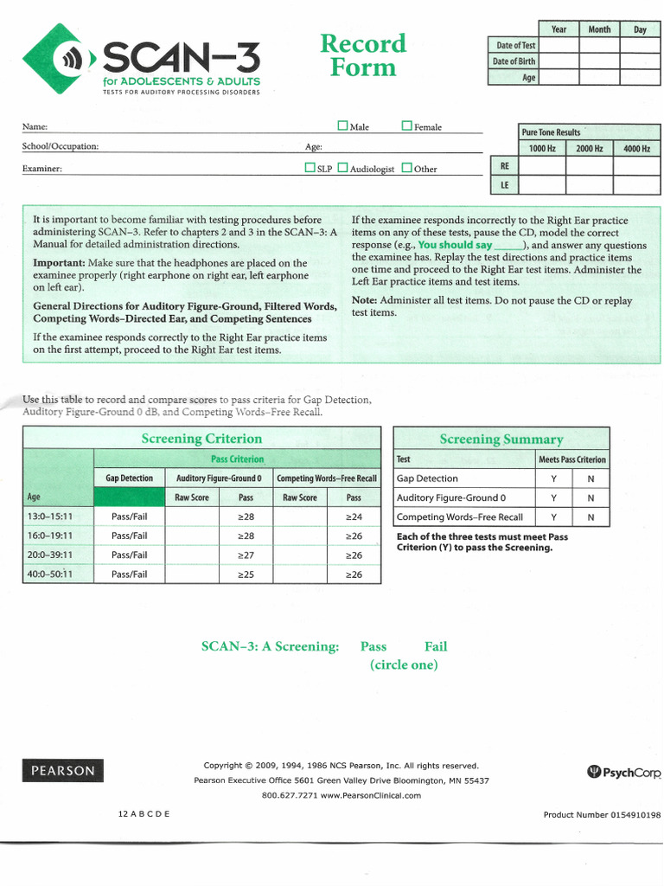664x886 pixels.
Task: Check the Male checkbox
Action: (342, 126)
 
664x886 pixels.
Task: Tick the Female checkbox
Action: (407, 126)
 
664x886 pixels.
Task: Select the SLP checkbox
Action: (310, 168)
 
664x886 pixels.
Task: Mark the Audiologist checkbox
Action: (342, 168)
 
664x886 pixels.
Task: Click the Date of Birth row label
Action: (514, 61)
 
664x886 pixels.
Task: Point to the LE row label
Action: (504, 185)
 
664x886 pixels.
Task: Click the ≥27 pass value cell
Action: (246, 555)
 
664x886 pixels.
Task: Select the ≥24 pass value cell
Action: (354, 517)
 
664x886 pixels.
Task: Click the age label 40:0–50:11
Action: (50, 575)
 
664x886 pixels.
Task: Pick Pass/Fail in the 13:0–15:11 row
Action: (129, 517)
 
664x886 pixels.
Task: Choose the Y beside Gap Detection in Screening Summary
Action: (553, 478)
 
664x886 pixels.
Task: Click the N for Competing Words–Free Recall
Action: (591, 517)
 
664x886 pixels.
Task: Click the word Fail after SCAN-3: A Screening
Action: (436, 646)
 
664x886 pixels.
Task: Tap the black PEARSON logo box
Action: (62, 769)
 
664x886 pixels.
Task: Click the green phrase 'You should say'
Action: (455, 245)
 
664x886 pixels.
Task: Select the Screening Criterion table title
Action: (201, 439)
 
